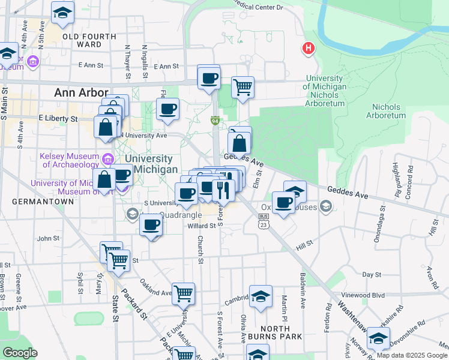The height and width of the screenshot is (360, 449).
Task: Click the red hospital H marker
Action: (309, 48)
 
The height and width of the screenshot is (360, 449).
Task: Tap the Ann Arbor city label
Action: (81, 92)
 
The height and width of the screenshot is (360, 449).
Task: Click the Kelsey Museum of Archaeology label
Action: (69, 160)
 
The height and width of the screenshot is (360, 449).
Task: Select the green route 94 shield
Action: (214, 121)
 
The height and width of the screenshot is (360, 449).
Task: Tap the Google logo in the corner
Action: (19, 353)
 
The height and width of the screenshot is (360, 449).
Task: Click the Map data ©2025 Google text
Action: (412, 355)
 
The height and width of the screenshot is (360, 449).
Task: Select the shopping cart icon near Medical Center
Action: (243, 87)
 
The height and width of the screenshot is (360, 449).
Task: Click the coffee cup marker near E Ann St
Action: (209, 77)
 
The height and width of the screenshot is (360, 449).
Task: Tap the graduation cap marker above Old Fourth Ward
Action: (62, 13)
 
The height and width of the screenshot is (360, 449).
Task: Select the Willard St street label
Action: (201, 226)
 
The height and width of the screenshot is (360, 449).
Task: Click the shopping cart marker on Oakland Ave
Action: (183, 293)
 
